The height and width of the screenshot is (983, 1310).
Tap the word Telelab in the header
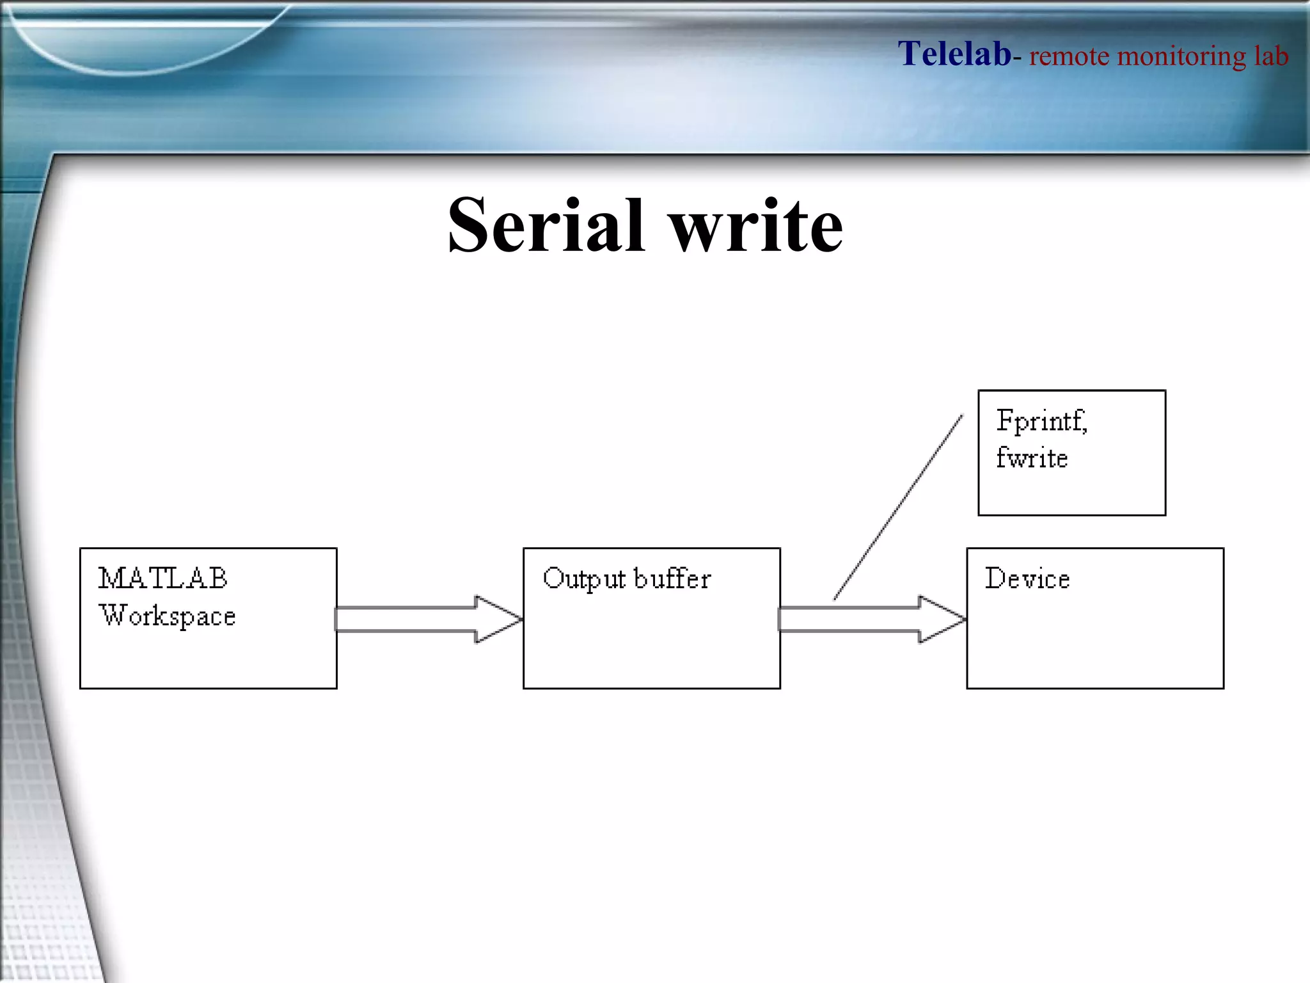[954, 54]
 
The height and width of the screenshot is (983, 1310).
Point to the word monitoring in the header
[1181, 56]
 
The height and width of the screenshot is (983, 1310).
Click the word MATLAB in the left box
[163, 579]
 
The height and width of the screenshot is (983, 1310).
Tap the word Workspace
[168, 616]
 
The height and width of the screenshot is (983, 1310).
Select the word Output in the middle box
[584, 579]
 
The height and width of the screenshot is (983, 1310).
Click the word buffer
[672, 579]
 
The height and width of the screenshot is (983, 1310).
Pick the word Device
[1027, 579]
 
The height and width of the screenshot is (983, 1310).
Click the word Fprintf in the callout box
[1041, 421]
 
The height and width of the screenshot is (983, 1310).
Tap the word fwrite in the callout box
[1032, 458]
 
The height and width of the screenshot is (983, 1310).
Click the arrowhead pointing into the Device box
[942, 619]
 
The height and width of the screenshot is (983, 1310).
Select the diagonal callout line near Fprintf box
[898, 507]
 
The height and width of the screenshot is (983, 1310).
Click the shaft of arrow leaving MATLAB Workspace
[404, 619]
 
